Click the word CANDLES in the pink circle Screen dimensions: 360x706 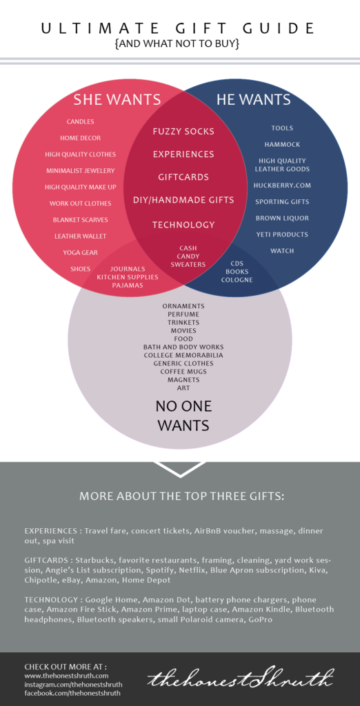pos(80,121)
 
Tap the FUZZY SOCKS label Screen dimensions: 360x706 pos(183,132)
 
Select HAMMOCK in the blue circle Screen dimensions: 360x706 pos(282,145)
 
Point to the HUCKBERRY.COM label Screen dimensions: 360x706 pos(282,185)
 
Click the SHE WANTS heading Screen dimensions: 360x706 pos(117,99)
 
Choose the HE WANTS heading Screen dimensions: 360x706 pos(254,99)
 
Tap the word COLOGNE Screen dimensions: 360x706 pos(237,280)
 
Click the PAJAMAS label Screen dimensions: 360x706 pos(128,285)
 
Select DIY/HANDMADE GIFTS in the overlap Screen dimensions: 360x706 pos(183,200)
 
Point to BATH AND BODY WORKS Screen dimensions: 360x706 pos(183,347)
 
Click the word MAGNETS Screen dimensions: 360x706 pos(183,380)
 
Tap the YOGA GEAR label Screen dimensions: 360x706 pos(80,252)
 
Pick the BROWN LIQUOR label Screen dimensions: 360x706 pos(282,218)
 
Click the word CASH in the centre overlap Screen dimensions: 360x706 pos(188,248)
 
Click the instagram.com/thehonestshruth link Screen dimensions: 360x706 pos(73,685)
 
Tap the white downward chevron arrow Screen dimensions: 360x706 pos(180,469)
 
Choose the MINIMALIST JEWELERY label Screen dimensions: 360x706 pos(80,171)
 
